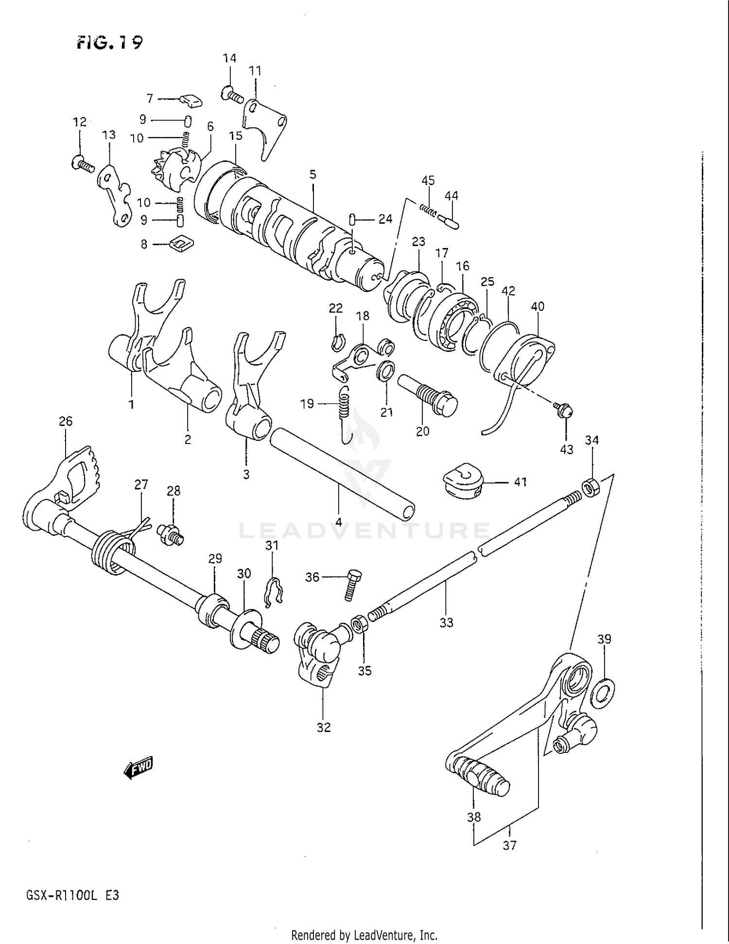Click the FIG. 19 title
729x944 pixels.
pos(109,43)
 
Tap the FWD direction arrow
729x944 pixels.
pos(139,767)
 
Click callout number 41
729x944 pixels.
pos(520,482)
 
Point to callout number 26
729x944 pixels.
pos(65,421)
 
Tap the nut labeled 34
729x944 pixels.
pos(590,487)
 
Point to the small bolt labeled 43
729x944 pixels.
pos(564,411)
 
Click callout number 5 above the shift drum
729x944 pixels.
pos(312,175)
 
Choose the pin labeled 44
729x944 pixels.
pos(449,222)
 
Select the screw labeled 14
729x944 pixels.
pos(232,94)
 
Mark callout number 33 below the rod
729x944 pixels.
pos(446,622)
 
